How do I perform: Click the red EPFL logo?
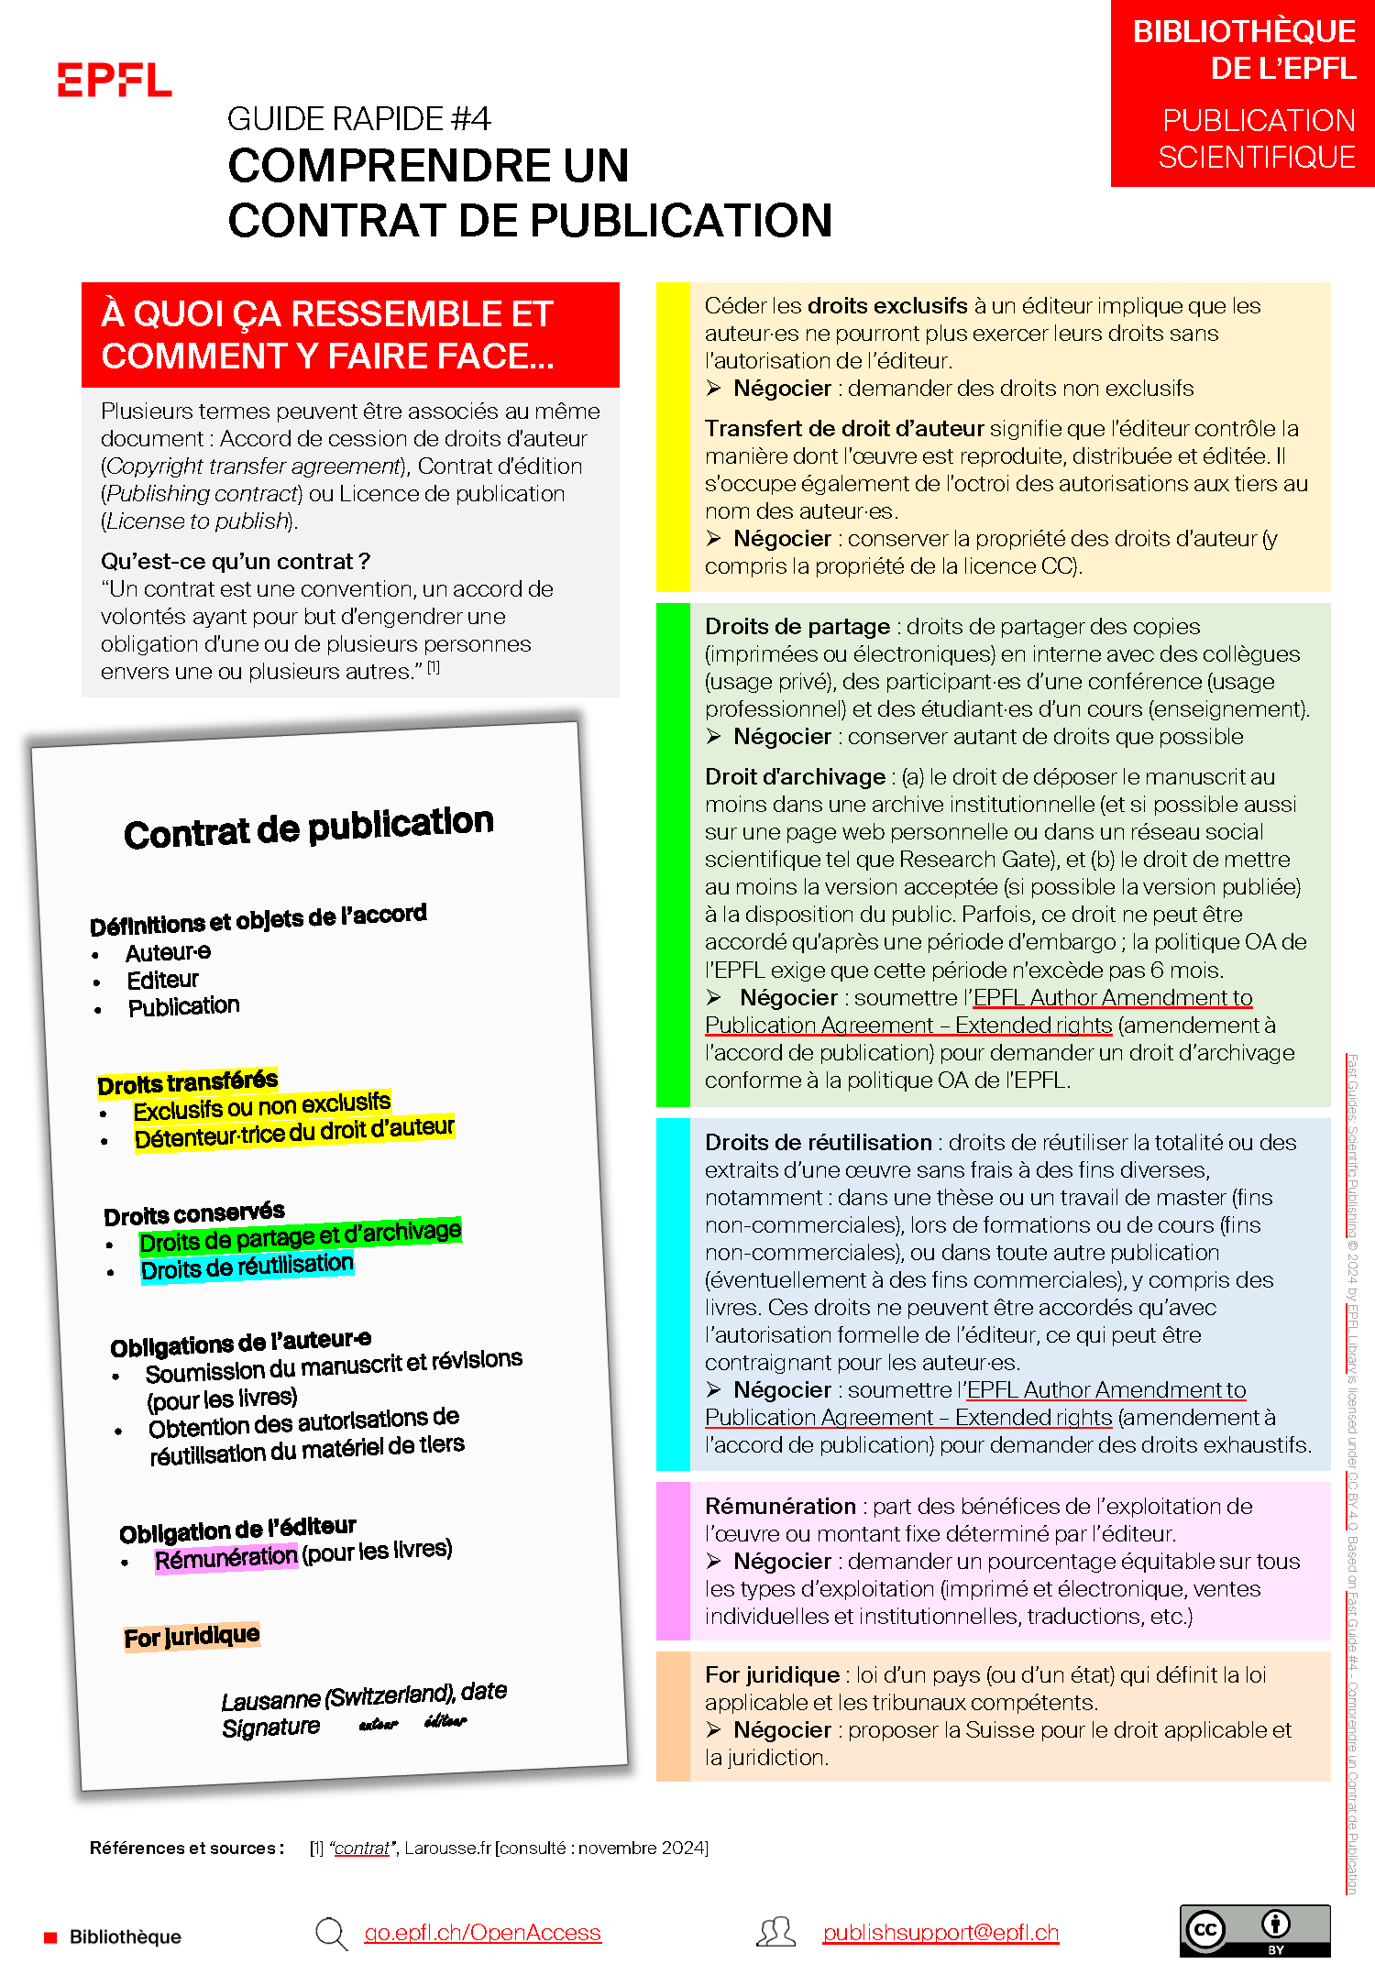[114, 80]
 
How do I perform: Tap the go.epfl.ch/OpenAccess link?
[482, 1933]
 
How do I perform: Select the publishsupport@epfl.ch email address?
[940, 1933]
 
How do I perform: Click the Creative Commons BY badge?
[1254, 1930]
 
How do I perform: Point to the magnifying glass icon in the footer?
[330, 1933]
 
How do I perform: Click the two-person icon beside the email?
[775, 1932]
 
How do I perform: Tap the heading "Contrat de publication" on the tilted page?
[309, 827]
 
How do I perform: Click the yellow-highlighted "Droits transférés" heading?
[187, 1082]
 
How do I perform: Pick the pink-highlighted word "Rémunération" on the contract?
[225, 1558]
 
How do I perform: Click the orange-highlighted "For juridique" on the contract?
[192, 1637]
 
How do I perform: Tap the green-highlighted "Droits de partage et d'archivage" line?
[300, 1237]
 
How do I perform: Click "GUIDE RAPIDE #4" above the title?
[358, 119]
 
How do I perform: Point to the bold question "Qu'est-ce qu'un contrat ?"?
[236, 561]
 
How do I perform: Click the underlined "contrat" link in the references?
[361, 1848]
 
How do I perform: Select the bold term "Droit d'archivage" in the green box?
[795, 777]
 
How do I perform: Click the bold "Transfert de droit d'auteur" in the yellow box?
[844, 429]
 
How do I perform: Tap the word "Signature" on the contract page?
[270, 1728]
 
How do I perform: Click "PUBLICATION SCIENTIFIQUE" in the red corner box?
[1257, 138]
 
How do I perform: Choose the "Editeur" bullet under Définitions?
[162, 980]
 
